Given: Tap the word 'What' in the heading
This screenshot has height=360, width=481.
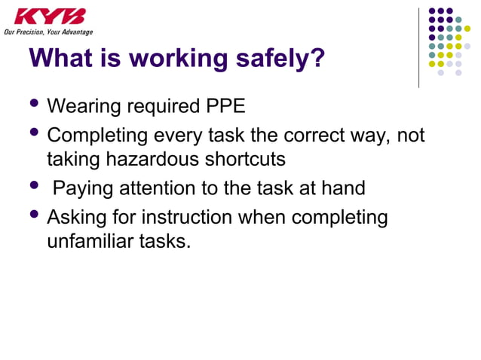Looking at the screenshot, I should click(x=61, y=58).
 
